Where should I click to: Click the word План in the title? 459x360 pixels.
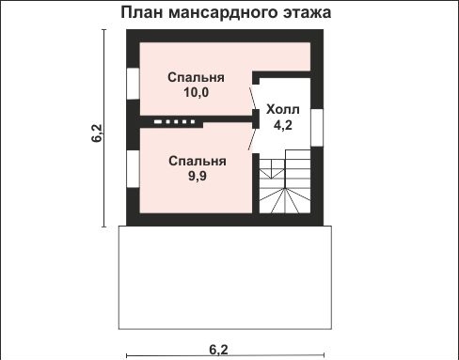[141, 13]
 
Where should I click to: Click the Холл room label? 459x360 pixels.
[282, 108]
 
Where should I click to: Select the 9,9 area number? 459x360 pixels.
[196, 175]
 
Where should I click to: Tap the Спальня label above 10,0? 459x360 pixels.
[196, 77]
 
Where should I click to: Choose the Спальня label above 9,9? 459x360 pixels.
[196, 160]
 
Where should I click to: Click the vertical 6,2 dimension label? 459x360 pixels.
[96, 131]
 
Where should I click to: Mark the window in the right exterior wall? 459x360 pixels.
[317, 128]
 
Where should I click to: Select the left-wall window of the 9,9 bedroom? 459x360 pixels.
[132, 178]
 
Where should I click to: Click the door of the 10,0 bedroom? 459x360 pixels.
[255, 99]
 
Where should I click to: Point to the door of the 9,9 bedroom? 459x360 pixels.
[255, 138]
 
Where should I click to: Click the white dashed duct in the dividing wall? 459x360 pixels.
[174, 121]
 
